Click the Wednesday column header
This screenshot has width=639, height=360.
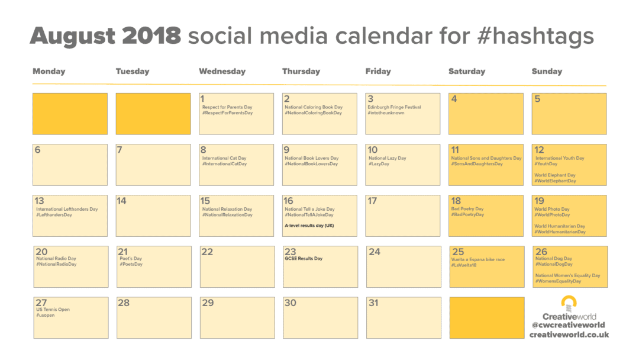222,71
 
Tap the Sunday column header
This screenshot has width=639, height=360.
547,71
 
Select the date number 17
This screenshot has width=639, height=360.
373,201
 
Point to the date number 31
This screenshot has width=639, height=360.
373,303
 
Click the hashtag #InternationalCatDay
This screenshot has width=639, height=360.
225,164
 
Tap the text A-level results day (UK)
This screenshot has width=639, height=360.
309,226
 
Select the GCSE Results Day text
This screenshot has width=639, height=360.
304,259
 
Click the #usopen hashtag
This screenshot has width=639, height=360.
45,315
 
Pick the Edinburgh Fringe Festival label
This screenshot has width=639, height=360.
394,107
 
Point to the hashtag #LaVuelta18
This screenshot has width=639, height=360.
464,265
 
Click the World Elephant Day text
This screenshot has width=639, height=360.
555,175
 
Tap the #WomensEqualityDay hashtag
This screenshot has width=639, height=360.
559,281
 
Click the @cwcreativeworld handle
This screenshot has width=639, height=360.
568,325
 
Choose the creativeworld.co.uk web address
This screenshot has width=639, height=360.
569,335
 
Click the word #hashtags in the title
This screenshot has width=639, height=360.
535,36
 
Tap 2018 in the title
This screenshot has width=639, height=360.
151,36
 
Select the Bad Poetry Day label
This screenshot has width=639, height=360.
467,209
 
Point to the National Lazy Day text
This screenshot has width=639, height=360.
387,158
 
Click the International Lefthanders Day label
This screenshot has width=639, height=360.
67,209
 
